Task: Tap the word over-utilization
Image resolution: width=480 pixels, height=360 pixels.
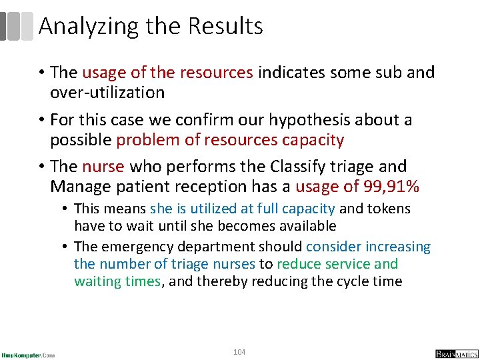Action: pyautogui.click(x=107, y=92)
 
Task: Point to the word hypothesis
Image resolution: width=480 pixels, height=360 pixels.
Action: pyautogui.click(x=312, y=120)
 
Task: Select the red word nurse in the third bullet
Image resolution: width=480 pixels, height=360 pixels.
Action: pyautogui.click(x=104, y=166)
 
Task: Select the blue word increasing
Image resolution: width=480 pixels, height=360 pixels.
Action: pyautogui.click(x=399, y=247)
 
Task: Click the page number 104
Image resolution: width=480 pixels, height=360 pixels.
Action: pyautogui.click(x=239, y=351)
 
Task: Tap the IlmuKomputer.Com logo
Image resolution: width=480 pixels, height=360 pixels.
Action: pyautogui.click(x=28, y=354)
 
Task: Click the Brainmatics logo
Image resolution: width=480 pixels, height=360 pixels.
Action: pyautogui.click(x=457, y=353)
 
